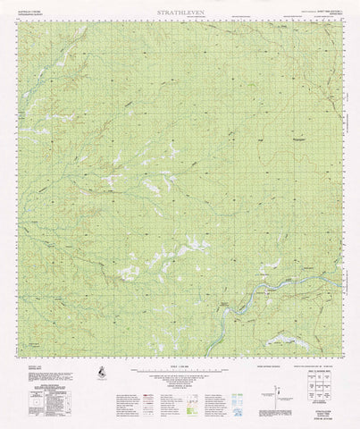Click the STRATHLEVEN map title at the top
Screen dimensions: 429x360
(x=180, y=12)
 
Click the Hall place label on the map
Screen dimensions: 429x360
(x=235, y=139)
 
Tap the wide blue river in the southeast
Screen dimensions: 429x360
(x=268, y=291)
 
